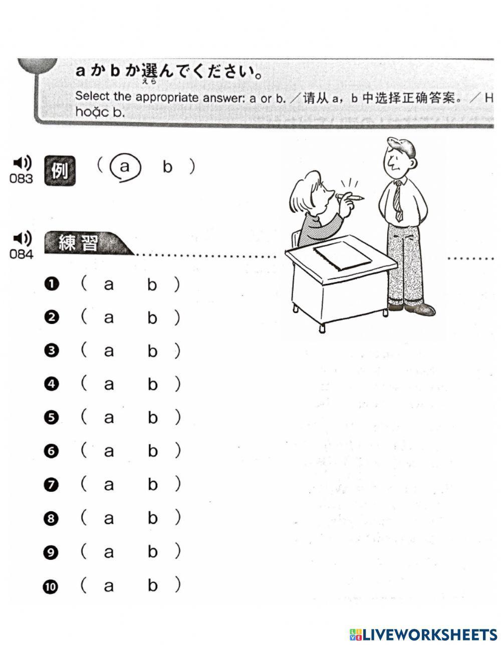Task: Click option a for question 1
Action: [x=109, y=285]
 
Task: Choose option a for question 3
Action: [x=109, y=351]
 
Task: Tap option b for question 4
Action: [x=152, y=385]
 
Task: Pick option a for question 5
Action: [x=109, y=418]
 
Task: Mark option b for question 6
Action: [x=152, y=451]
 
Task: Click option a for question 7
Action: [x=109, y=485]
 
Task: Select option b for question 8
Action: [x=152, y=518]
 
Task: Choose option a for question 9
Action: [x=109, y=552]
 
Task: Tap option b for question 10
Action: [x=152, y=585]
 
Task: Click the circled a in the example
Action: [x=125, y=167]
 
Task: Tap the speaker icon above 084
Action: [x=22, y=238]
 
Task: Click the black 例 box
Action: [x=60, y=171]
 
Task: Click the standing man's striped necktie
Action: [x=398, y=200]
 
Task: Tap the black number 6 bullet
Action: [x=51, y=451]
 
